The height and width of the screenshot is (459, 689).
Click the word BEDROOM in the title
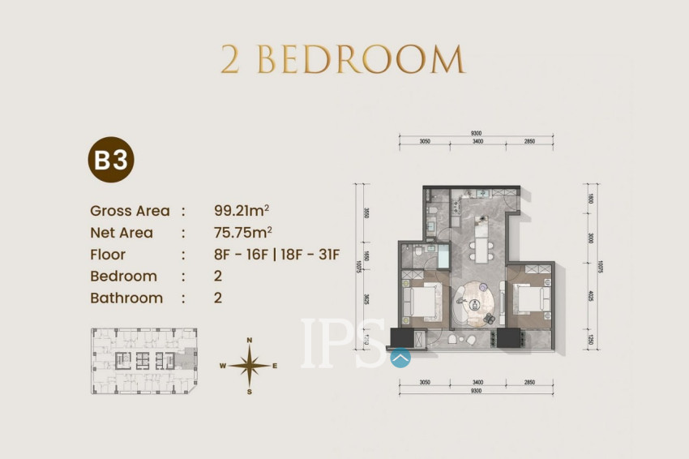pos(362,60)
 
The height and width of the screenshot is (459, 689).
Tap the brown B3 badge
pos(110,160)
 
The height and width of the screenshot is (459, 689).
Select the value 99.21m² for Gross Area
pos(241,211)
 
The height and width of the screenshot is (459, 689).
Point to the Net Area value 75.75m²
pos(241,233)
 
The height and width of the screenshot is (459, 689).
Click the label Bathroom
pos(126,298)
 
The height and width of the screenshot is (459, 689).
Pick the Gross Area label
pos(130,211)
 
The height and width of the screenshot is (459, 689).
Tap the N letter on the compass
pos(250,341)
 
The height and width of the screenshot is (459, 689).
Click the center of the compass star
pos(250,366)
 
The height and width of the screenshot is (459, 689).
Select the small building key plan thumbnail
pos(143,361)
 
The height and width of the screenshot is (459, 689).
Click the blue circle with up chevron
pos(400,357)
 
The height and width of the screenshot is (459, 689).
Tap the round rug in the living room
pos(476,304)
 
